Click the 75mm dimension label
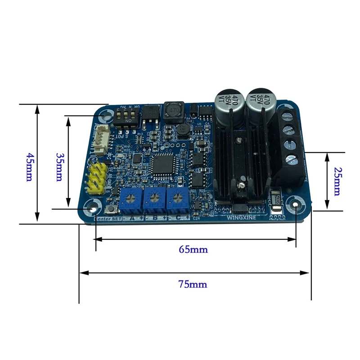pos(194,284)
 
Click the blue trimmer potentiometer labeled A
pos(130,198)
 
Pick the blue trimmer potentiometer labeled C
pos(177,198)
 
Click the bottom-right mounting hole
pos(296,205)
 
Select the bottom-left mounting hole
pos(93,208)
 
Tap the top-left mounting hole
pos(107,116)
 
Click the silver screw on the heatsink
pos(242,185)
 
